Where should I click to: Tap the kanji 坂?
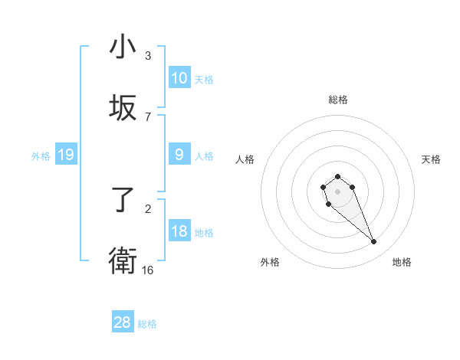[x=122, y=107]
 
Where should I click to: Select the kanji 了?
[x=122, y=201]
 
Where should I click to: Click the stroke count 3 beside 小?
[x=148, y=55]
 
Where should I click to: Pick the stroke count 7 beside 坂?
[x=148, y=116]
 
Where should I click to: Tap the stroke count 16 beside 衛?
[x=148, y=270]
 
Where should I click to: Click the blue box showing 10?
[x=179, y=78]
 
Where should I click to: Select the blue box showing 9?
[x=179, y=155]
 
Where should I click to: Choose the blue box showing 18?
[x=179, y=231]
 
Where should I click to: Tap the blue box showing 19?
[x=65, y=155]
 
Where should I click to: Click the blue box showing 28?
[x=122, y=322]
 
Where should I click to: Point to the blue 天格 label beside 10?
[x=204, y=79]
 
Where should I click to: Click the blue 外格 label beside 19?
[x=41, y=156]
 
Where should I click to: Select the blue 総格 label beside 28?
[x=147, y=324]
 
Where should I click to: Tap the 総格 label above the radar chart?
[x=338, y=100]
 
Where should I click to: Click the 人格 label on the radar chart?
[x=245, y=159]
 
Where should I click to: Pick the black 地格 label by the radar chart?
[x=402, y=262]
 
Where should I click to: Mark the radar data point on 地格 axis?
[x=374, y=242]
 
